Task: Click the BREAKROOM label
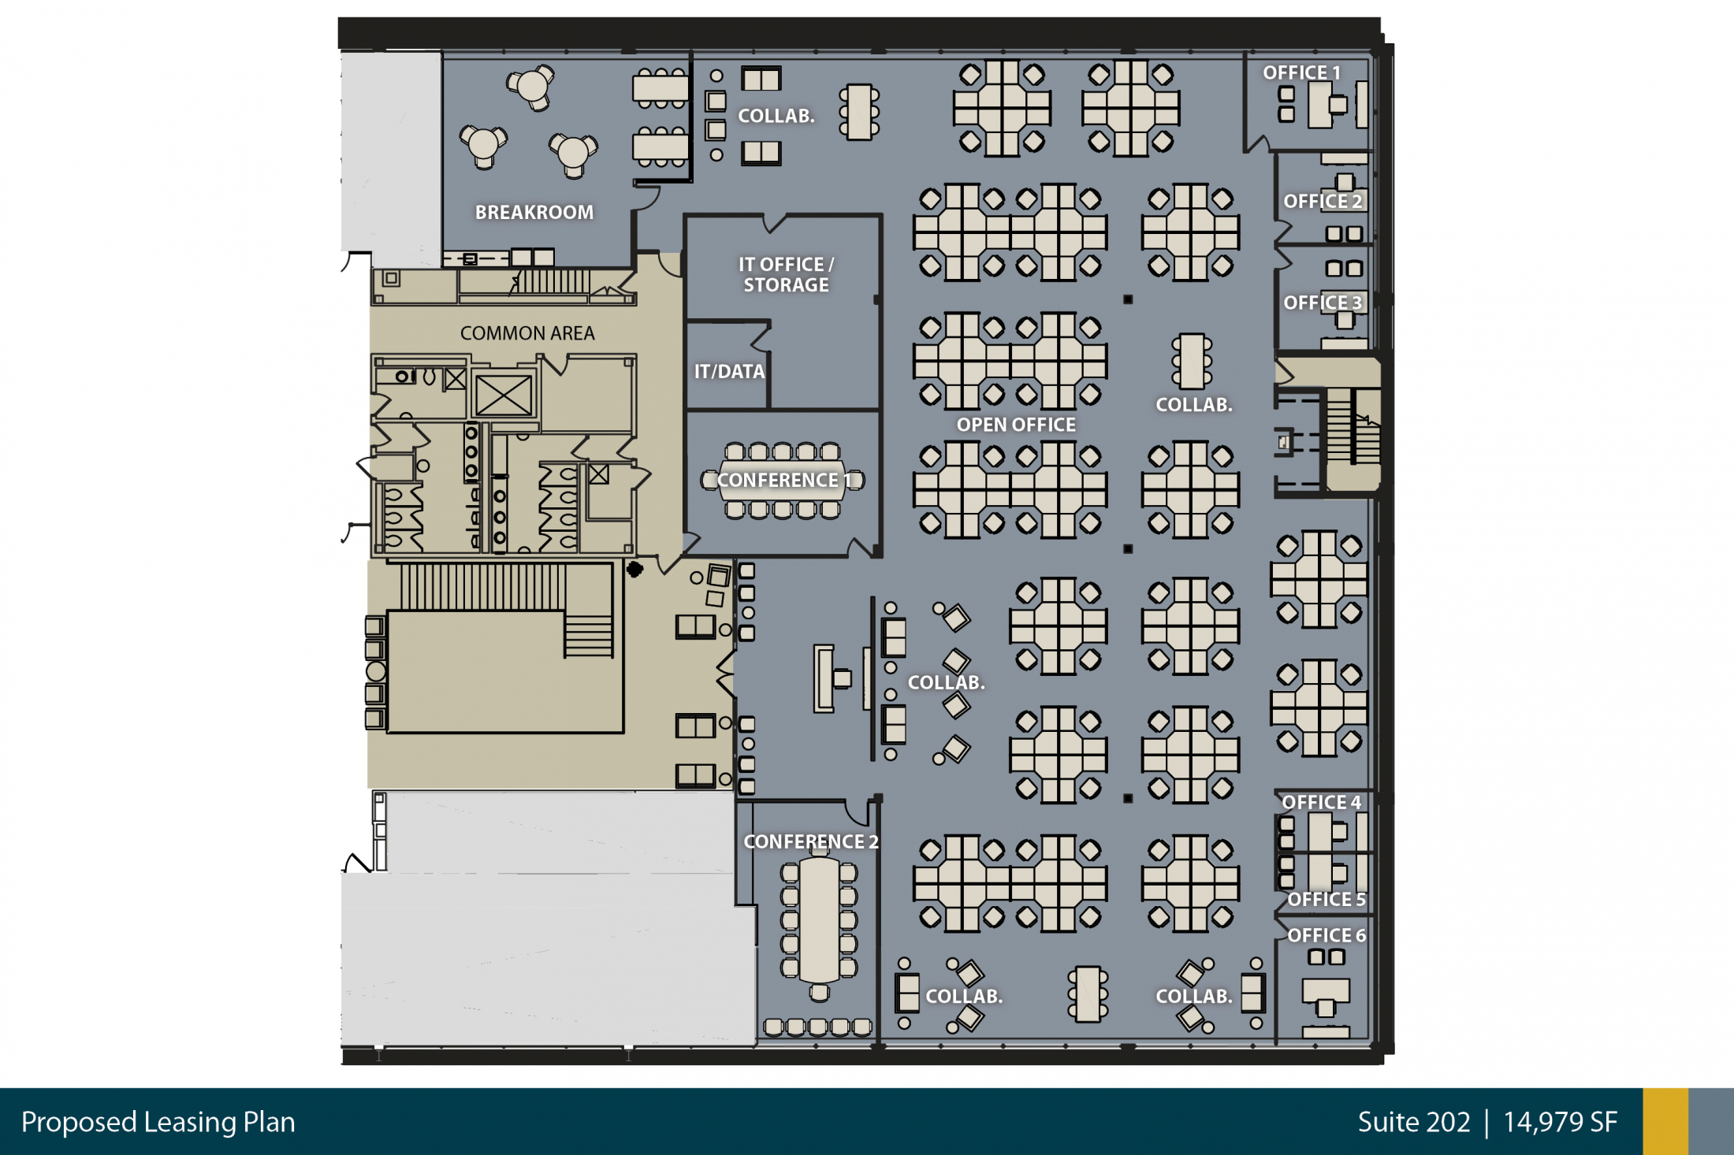point(534,212)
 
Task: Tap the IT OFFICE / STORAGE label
point(786,274)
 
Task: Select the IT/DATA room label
point(729,371)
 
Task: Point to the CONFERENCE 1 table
point(782,480)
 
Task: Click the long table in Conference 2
point(820,919)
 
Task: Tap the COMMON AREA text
point(527,333)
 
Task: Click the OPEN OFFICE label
point(1016,425)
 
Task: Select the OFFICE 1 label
point(1301,72)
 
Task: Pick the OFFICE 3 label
point(1323,303)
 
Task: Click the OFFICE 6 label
point(1327,935)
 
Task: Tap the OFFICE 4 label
point(1321,802)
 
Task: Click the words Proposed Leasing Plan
point(158,1122)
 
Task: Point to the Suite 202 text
point(1414,1122)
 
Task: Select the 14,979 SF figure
point(1561,1122)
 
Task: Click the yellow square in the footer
point(1665,1122)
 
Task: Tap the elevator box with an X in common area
point(504,395)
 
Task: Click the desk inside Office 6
point(1326,991)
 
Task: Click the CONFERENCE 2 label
point(811,841)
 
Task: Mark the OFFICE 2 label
point(1323,201)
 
